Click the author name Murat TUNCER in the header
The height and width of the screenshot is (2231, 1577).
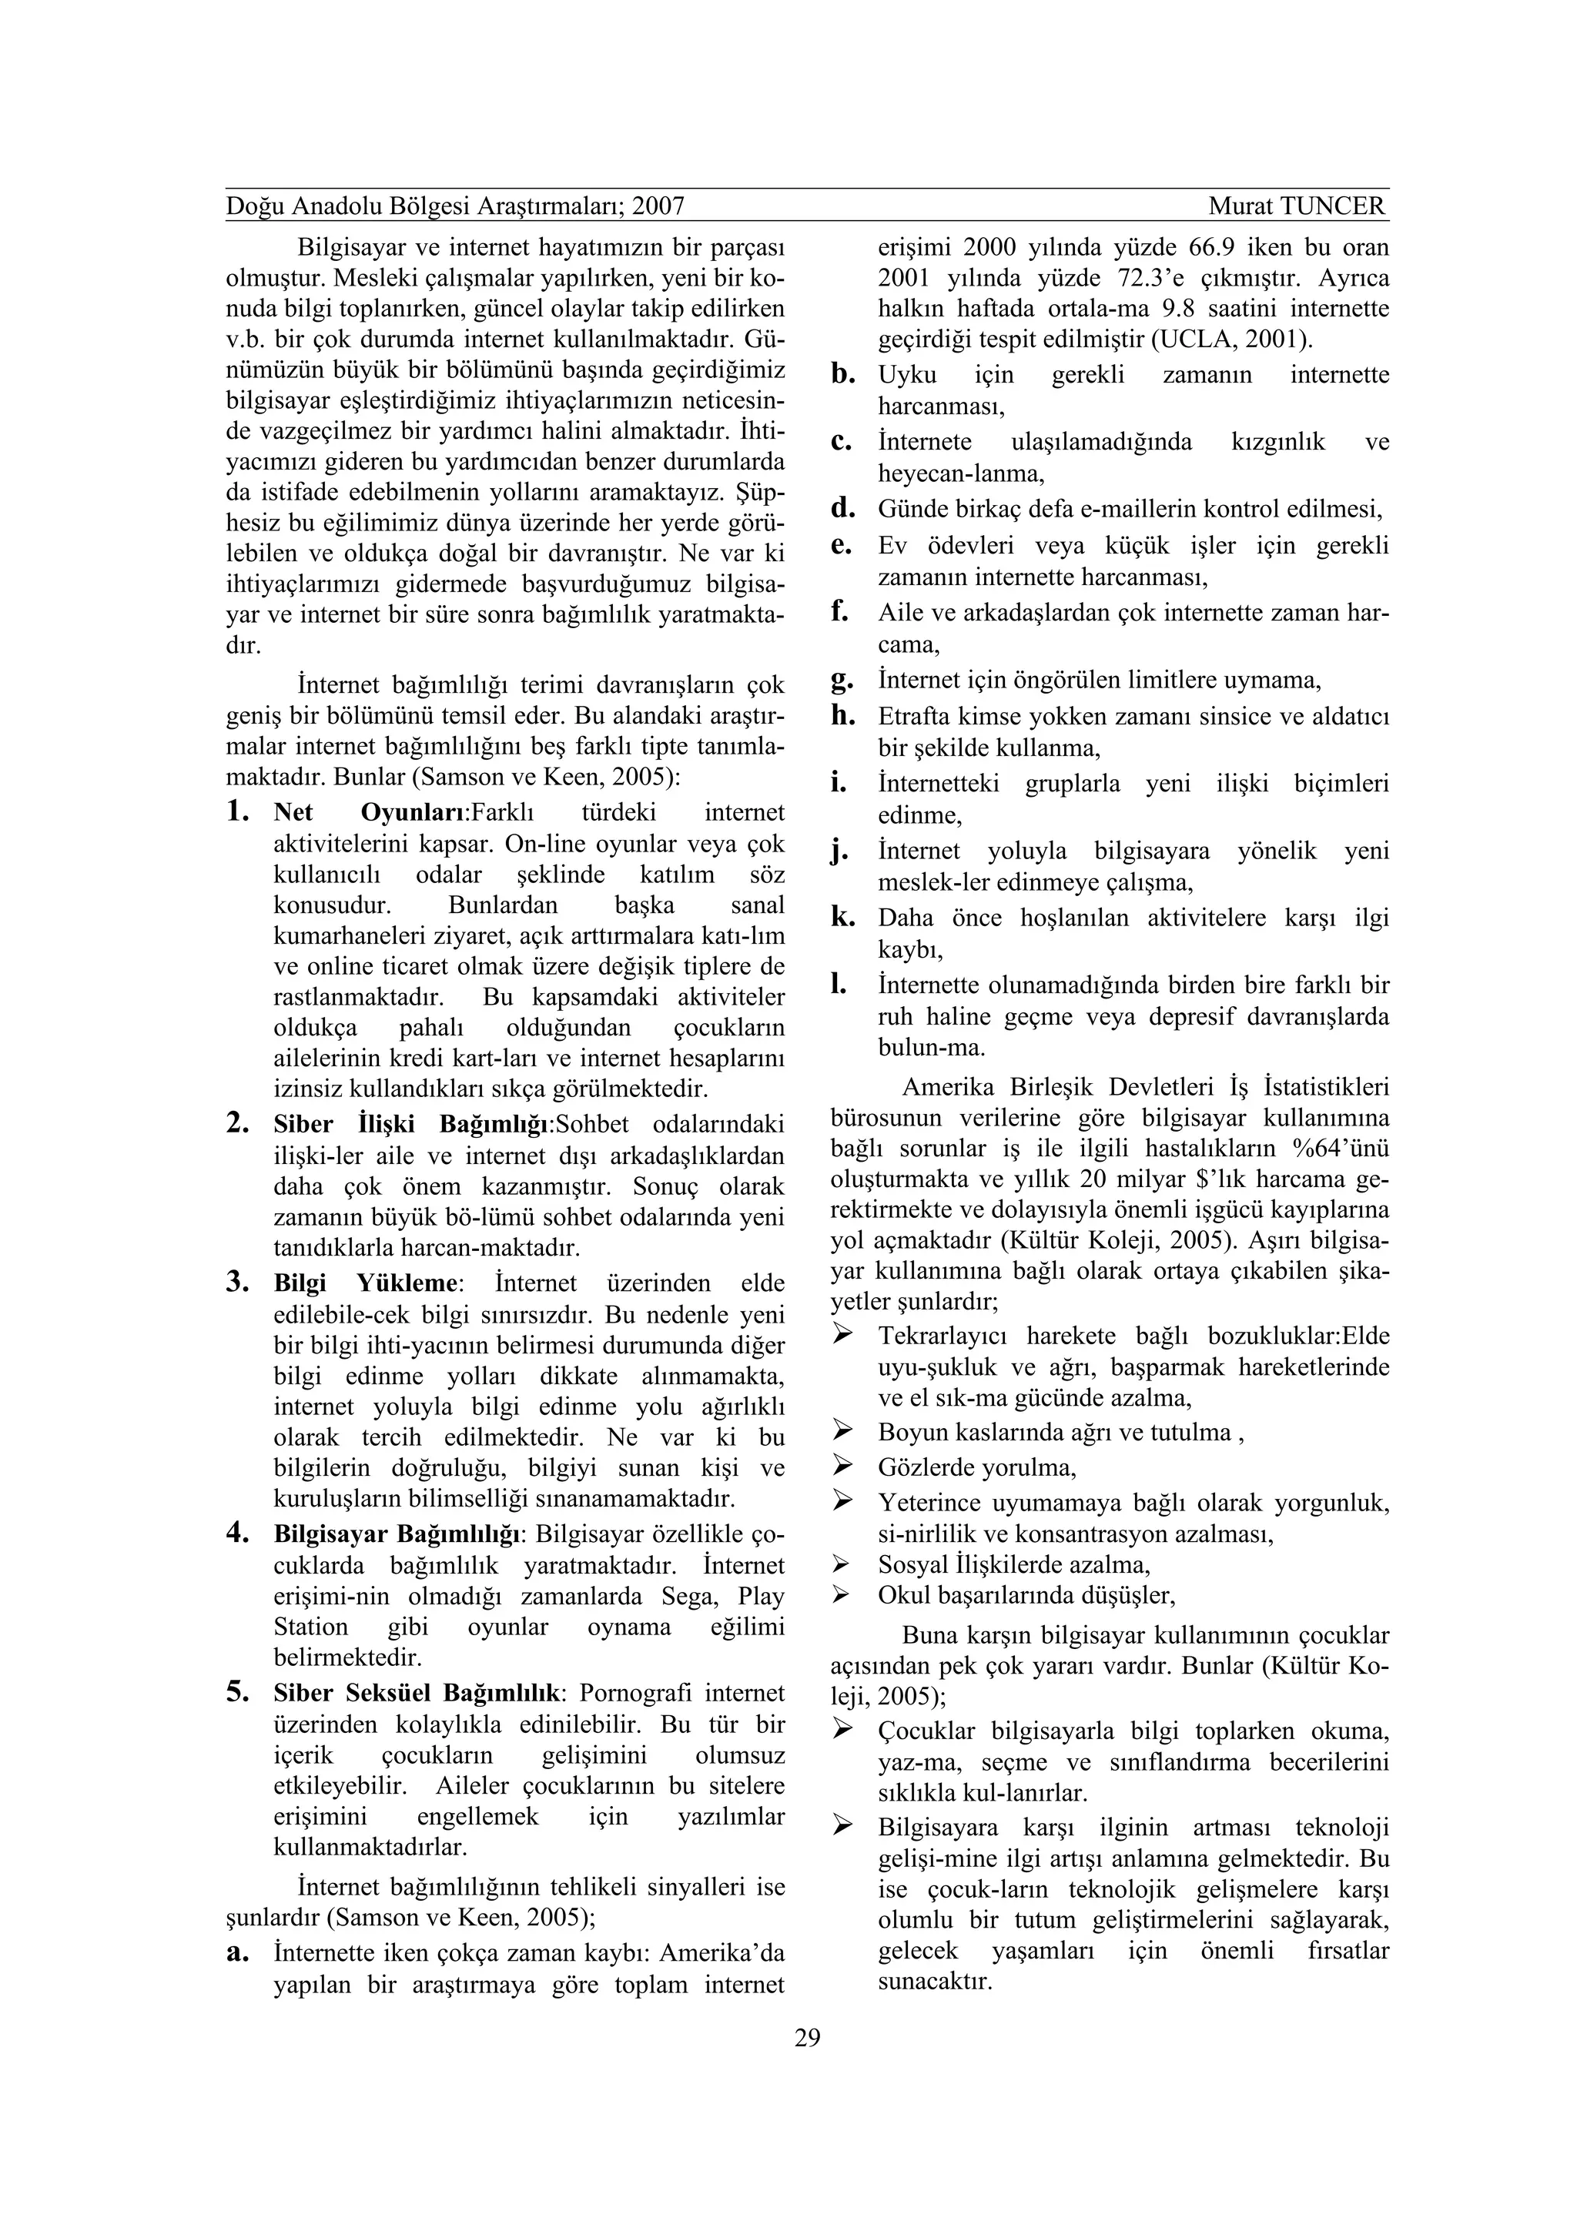(x=1297, y=206)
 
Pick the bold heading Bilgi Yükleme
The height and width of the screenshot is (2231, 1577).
(x=365, y=1283)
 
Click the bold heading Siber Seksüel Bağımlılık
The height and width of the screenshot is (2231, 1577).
(x=418, y=1694)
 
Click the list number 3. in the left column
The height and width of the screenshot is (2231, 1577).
(x=239, y=1283)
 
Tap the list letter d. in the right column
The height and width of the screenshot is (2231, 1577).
(x=842, y=508)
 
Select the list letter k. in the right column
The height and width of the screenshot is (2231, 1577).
(x=842, y=918)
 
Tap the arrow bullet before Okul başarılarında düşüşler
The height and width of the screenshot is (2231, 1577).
(x=842, y=1594)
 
